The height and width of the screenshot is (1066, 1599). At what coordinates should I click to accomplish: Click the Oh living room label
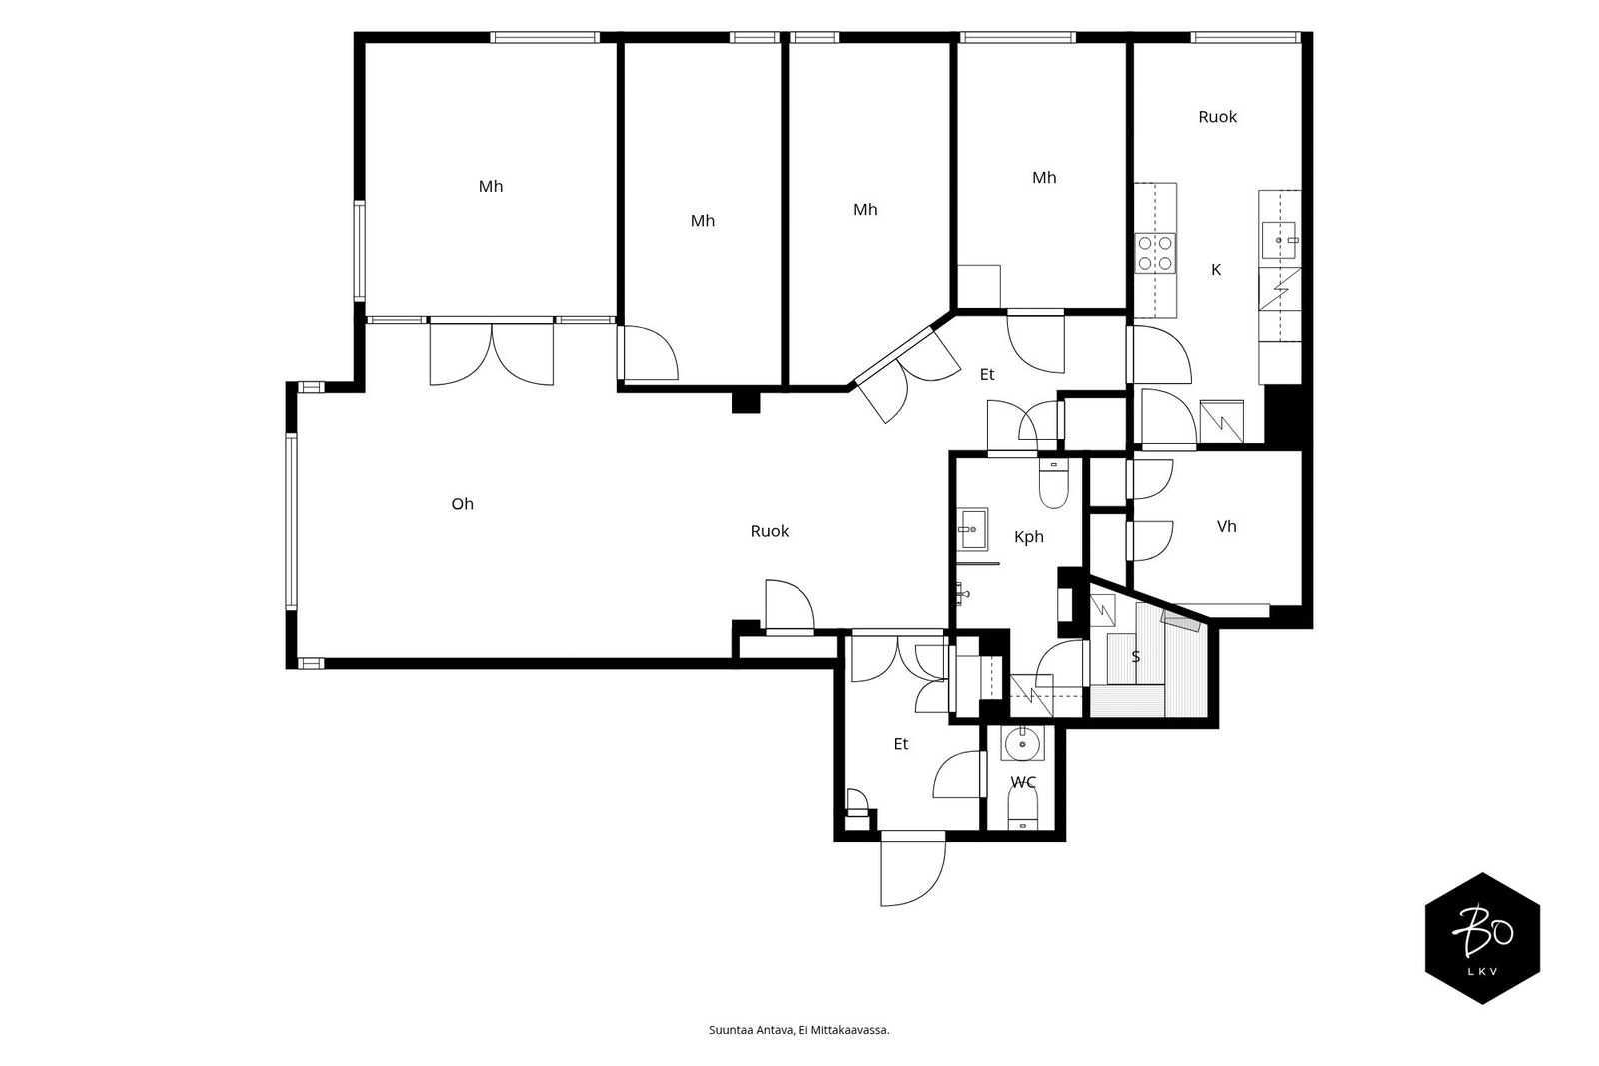tap(462, 504)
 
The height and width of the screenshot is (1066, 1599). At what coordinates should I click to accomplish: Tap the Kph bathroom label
tap(1028, 537)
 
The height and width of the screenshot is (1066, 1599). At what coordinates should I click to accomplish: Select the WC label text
tap(1023, 782)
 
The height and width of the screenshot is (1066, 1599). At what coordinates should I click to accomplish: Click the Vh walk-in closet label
tap(1226, 527)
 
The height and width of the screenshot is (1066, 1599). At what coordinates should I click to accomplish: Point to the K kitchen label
tap(1216, 270)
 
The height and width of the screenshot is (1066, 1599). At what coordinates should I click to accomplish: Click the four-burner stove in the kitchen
tap(1155, 253)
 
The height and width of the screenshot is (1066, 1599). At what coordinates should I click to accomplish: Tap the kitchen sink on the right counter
tap(1279, 240)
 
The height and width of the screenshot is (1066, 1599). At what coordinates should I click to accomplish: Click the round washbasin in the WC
tap(1022, 744)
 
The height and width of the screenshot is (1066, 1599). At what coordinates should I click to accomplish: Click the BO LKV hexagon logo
tap(1482, 938)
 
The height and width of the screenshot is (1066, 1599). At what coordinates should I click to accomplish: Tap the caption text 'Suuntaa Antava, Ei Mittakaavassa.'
tap(799, 1030)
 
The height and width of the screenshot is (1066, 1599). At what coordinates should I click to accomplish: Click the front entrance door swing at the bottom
tap(913, 869)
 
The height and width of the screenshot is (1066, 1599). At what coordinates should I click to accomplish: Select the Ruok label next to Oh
tap(769, 532)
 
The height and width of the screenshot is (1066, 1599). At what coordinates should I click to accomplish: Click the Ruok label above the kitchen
tap(1217, 117)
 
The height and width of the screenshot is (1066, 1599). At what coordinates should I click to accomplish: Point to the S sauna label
tap(1135, 657)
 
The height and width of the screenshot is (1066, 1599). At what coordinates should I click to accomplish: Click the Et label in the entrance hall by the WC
tap(900, 744)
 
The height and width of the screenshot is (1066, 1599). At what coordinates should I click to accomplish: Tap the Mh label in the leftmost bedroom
tap(491, 186)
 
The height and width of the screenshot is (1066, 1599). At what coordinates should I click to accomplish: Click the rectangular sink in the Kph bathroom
tap(972, 529)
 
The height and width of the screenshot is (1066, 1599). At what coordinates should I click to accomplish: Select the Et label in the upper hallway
tap(986, 374)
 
